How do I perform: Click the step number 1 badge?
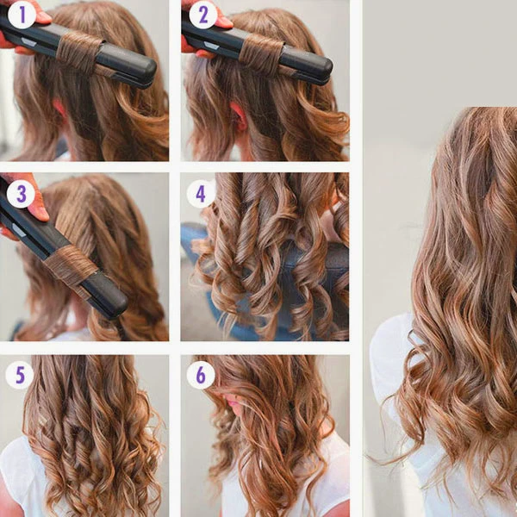point(22,15)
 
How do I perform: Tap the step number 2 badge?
point(203,15)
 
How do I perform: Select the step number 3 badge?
point(21,194)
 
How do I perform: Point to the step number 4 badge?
point(201,194)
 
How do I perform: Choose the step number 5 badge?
point(20,375)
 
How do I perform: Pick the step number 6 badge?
point(201,375)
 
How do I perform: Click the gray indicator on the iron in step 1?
point(28,42)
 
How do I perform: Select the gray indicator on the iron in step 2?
point(211,45)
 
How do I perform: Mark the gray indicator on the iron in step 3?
point(19,230)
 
